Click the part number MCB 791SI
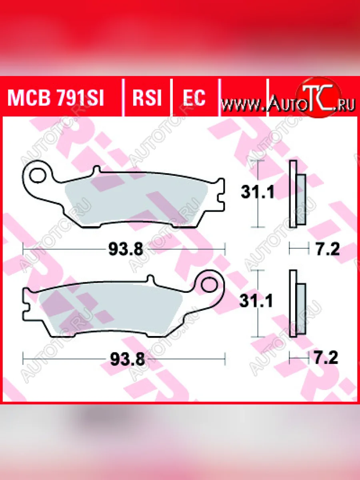pos(56,98)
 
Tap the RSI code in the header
pos(147,98)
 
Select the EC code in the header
pos(194,98)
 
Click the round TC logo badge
pos(319,100)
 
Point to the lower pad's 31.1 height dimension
pos(256,301)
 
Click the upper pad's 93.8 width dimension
pos(126,249)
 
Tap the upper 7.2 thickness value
pos(327,249)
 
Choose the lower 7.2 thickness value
pos(326,358)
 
